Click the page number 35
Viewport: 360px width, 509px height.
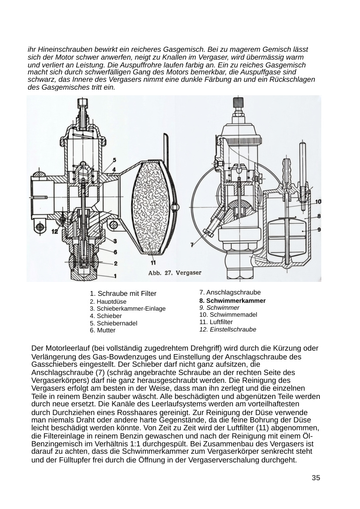[316, 478]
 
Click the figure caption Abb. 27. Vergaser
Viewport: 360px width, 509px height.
[175, 273]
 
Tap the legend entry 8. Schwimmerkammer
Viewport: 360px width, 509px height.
[232, 301]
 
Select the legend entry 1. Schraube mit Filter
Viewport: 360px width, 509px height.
[123, 294]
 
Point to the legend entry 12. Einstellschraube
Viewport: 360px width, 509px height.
[228, 329]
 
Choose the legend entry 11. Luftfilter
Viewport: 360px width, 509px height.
[216, 322]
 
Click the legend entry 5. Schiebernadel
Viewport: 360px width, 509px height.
[114, 323]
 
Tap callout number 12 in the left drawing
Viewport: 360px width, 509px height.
[54, 231]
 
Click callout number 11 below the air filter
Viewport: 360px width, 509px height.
[153, 262]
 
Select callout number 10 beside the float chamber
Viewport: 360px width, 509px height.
[318, 201]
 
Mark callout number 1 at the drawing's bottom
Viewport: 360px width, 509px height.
[115, 276]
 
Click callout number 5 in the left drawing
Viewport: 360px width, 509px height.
[114, 160]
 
